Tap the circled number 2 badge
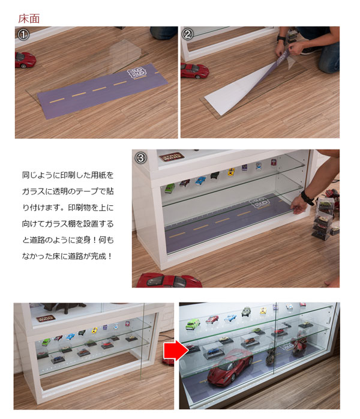pos(188,35)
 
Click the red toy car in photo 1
pos(25,59)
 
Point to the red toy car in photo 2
pos(194,70)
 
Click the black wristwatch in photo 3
pos(308,197)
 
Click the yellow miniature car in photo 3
pos(230,173)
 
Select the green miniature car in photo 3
pos(169,187)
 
